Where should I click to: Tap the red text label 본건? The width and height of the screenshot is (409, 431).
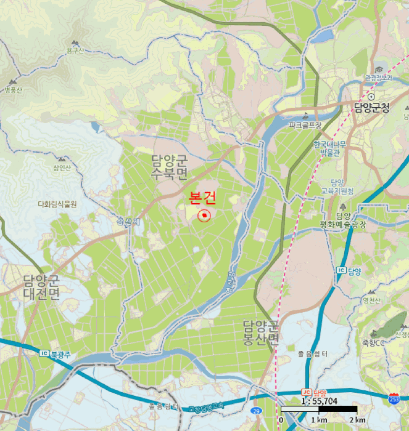tap(203, 198)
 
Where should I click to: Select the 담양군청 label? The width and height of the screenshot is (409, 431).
tap(372, 108)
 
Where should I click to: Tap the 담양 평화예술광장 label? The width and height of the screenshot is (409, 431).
tap(344, 220)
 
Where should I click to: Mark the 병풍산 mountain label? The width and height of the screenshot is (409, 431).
tap(13, 90)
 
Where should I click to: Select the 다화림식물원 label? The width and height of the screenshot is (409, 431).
tap(57, 203)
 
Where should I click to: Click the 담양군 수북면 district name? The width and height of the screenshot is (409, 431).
tap(169, 166)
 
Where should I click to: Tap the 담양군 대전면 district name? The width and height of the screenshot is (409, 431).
tap(41, 288)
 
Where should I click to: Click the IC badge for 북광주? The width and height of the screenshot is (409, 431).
tap(43, 353)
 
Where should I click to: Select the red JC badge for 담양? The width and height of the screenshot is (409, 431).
tap(305, 392)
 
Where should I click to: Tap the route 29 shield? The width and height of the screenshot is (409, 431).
tap(256, 410)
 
